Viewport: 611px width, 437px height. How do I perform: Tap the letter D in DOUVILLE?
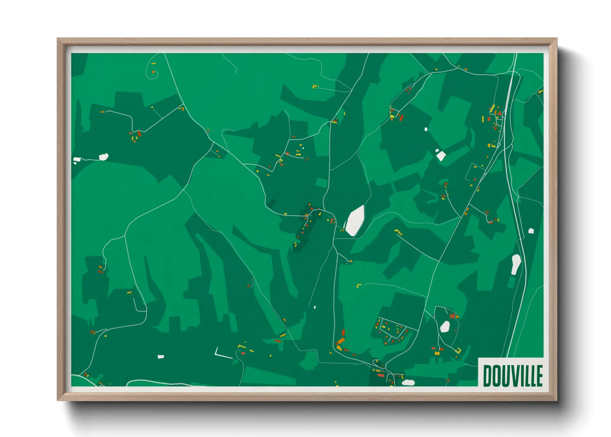pos(487,375)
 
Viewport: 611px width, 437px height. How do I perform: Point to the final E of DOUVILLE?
pos(539,375)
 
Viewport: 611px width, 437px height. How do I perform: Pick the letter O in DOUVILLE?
pos(495,375)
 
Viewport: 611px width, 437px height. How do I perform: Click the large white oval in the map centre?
pos(355,221)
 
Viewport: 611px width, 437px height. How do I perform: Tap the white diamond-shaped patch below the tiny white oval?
pos(440,155)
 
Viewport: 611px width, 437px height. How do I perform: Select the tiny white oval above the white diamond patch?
pos(426,129)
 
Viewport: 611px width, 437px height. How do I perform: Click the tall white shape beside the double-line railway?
pos(516,264)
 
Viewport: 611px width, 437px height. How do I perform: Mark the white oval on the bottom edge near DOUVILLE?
pos(408,382)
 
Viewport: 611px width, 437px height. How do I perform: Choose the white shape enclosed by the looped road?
pos(445,327)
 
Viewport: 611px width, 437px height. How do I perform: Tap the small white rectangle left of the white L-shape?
pos(161,356)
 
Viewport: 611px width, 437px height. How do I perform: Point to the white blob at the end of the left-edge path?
pos(104,157)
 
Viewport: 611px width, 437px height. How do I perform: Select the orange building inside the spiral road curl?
pos(153,72)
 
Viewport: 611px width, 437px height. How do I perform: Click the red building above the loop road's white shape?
pos(452,316)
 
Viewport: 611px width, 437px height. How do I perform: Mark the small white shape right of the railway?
pos(531,230)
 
